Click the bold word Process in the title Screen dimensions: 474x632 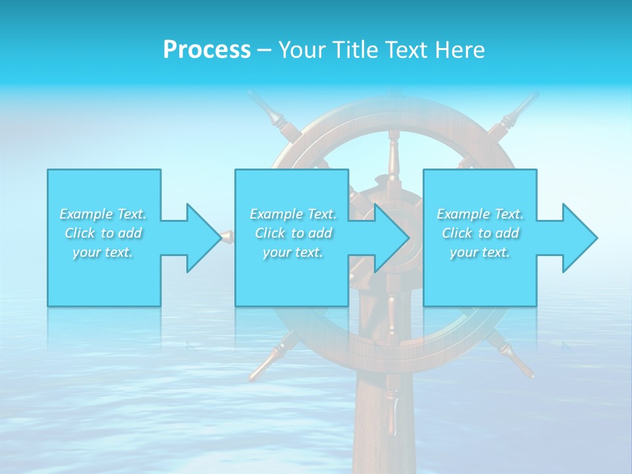click(x=207, y=50)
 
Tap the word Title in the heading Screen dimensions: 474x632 click(x=354, y=50)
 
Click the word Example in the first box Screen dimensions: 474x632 click(x=86, y=214)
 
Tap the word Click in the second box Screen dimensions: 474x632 click(x=268, y=233)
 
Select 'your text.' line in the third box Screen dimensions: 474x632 click(x=480, y=252)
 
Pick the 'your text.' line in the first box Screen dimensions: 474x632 click(x=103, y=252)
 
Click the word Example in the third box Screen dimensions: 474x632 click(x=463, y=214)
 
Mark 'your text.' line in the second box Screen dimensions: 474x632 click(x=293, y=252)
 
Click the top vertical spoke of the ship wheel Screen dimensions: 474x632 click(x=393, y=155)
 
